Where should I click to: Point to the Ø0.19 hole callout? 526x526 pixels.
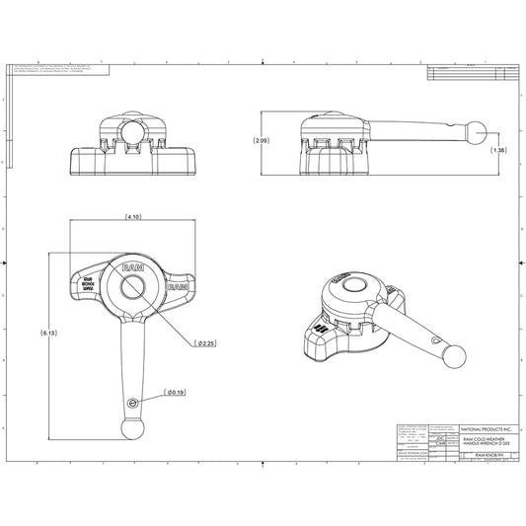[174, 394]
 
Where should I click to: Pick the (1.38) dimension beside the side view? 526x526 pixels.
[498, 150]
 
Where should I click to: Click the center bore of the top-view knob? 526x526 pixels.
[131, 289]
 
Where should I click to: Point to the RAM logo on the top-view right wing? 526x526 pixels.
[178, 287]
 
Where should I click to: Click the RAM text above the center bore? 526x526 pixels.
[131, 266]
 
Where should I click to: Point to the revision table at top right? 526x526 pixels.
[469, 73]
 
